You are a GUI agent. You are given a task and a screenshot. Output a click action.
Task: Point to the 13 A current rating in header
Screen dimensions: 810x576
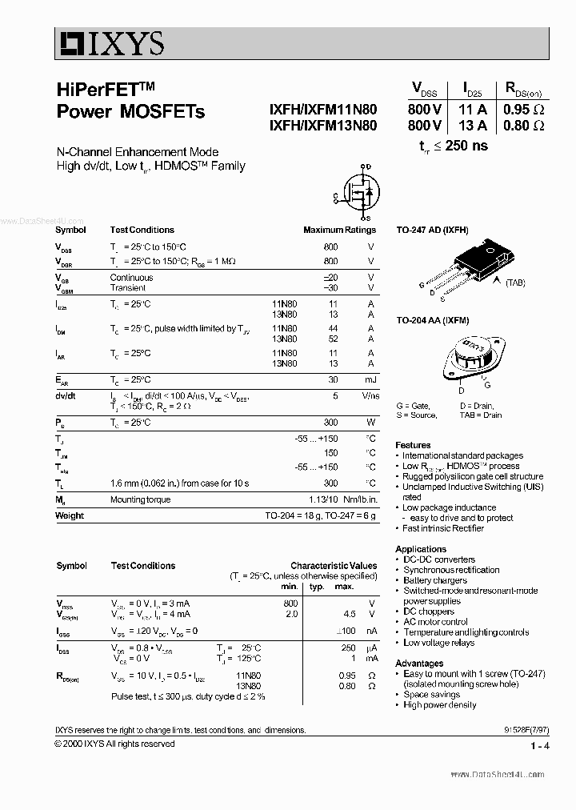point(473,126)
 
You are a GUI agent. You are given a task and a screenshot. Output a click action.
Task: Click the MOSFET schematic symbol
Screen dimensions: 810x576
point(357,193)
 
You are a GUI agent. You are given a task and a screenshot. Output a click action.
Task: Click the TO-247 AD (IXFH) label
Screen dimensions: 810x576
point(432,230)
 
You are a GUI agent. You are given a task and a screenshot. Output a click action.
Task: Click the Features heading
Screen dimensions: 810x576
point(413,445)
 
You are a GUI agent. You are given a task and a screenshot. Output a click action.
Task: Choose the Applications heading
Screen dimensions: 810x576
point(421,549)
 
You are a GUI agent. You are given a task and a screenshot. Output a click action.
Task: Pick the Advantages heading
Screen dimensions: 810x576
point(419,664)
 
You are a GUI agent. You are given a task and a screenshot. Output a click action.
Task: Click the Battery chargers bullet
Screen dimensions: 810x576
point(435,580)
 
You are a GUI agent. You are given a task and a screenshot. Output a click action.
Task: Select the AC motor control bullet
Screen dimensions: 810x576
point(435,622)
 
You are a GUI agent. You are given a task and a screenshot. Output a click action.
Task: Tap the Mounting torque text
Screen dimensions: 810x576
point(140,499)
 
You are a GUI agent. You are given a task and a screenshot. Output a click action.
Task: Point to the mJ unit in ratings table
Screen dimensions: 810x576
point(370,380)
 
